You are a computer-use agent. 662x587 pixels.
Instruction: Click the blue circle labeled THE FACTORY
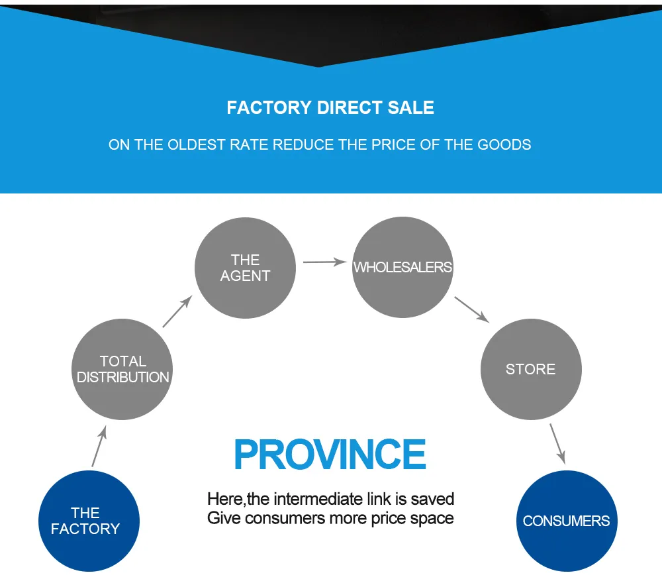88,521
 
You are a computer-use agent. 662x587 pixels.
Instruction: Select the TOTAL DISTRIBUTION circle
122,369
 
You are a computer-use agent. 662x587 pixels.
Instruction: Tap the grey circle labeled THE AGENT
245,268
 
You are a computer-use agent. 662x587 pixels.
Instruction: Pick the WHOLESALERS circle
402,267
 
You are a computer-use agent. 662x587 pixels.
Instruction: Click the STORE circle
530,369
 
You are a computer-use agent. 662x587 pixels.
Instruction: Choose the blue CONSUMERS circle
566,521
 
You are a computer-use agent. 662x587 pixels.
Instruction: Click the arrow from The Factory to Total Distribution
99,447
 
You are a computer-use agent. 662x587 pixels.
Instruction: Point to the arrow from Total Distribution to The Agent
177,311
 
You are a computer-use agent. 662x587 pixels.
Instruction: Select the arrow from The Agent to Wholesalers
324,262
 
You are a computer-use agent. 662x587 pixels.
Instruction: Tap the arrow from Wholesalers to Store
471,309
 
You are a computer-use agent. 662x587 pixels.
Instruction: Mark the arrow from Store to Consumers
557,443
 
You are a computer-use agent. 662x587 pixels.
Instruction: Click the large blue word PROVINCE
330,455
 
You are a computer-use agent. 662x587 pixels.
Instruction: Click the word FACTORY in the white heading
269,108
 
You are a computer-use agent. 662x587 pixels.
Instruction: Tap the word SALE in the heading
411,108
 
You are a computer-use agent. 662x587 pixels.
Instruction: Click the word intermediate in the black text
318,499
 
